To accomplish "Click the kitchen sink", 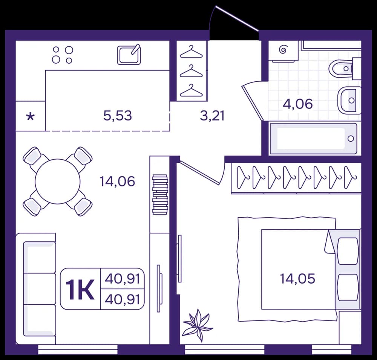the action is (x=129, y=55).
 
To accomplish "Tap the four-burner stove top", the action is (x=63, y=55).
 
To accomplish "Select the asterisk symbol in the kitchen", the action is (x=31, y=117).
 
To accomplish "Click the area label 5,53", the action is (x=118, y=116).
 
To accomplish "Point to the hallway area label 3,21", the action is (x=212, y=116).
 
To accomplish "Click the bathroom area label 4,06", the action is (x=298, y=104).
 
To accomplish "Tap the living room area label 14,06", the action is (x=117, y=182).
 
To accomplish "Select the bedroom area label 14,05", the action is (x=297, y=279).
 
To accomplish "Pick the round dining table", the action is (x=57, y=182).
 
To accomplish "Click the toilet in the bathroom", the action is (x=344, y=69).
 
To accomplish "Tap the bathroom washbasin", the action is (x=349, y=100).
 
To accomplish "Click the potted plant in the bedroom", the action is (x=198, y=325).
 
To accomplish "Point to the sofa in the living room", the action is (x=36, y=288).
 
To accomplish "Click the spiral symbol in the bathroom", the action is (x=283, y=50).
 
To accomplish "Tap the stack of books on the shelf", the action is (x=160, y=194).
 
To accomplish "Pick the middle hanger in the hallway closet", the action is (x=192, y=71).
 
